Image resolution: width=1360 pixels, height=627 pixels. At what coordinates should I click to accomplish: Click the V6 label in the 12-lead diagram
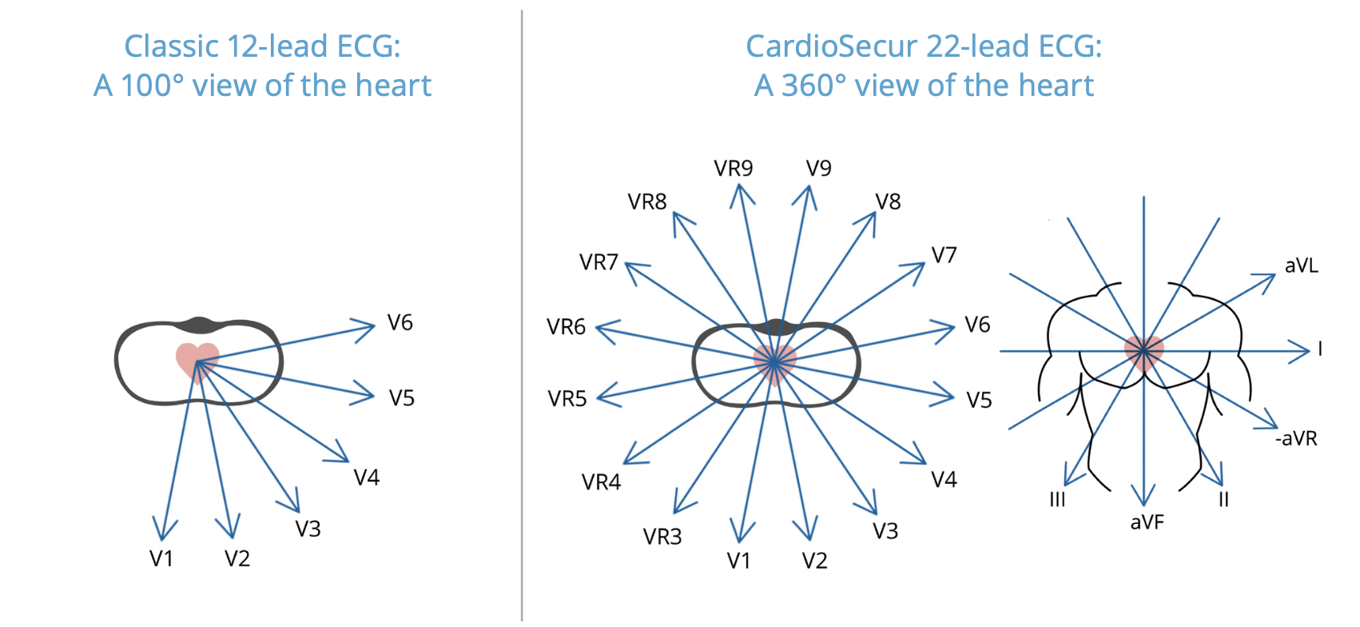[400, 323]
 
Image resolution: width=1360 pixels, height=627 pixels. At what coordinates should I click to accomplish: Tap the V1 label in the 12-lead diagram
[161, 558]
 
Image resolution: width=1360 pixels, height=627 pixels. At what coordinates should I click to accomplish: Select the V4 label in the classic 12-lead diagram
[367, 478]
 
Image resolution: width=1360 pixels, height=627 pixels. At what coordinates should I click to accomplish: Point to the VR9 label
[734, 169]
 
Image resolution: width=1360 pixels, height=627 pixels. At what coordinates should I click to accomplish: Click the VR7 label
[599, 262]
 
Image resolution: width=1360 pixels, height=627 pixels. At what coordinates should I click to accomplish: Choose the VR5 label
[567, 399]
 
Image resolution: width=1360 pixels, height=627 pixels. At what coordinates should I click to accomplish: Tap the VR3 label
[662, 537]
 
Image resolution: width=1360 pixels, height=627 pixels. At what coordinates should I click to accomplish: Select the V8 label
[888, 202]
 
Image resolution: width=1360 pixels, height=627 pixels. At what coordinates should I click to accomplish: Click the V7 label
[944, 256]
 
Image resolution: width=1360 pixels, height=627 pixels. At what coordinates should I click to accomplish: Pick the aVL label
[1302, 266]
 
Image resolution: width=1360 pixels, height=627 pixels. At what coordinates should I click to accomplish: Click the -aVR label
[1296, 438]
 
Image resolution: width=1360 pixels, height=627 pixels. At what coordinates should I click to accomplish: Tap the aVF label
[1147, 523]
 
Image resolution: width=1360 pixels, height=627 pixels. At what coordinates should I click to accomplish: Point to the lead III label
[1057, 500]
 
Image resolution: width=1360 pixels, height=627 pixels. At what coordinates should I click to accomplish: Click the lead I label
[1320, 349]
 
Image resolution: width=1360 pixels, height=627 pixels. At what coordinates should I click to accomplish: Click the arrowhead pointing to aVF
[1144, 499]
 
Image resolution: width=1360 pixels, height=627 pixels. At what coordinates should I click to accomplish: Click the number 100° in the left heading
[152, 86]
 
